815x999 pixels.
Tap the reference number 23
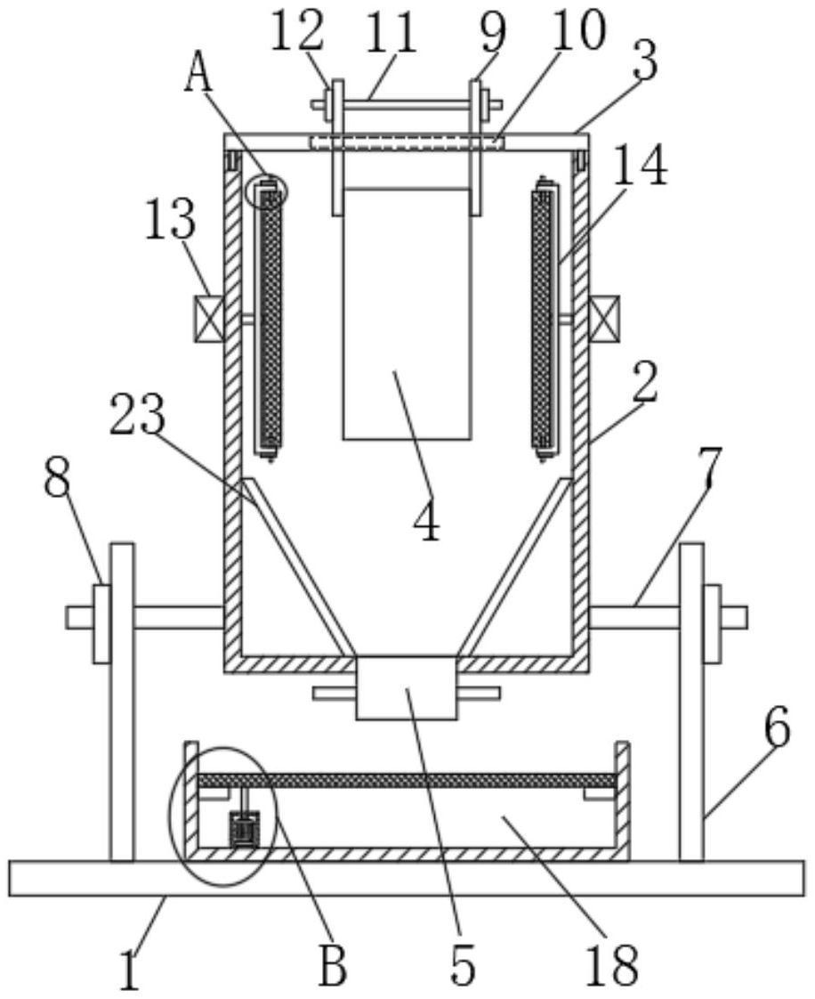138,414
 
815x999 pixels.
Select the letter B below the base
333,964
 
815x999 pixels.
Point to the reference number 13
170,220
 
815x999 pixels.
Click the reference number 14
642,165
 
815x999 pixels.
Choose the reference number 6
778,727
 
